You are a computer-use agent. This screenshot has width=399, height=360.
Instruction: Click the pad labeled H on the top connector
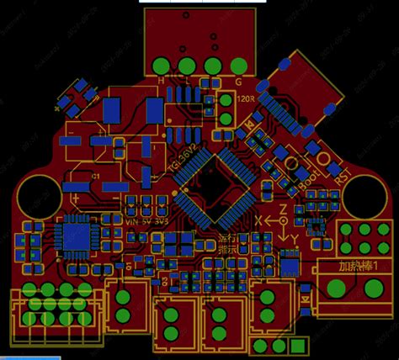pos(161,66)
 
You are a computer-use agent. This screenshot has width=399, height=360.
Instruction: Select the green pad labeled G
pos(237,66)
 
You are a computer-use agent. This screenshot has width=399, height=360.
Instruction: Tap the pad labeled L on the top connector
pos(186,66)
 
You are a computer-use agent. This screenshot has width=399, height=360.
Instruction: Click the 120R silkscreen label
pos(247,98)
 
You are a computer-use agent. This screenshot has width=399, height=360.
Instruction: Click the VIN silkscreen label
pos(130,220)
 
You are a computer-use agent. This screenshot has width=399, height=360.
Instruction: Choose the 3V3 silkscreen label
pos(159,220)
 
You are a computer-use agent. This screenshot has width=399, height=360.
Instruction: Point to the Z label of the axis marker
pos(283,207)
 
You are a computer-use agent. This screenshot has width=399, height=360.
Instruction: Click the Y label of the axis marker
pos(295,240)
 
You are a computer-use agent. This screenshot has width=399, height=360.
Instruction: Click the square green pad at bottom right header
pos(295,346)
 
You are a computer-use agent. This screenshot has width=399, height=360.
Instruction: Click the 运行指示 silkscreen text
pos(229,243)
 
